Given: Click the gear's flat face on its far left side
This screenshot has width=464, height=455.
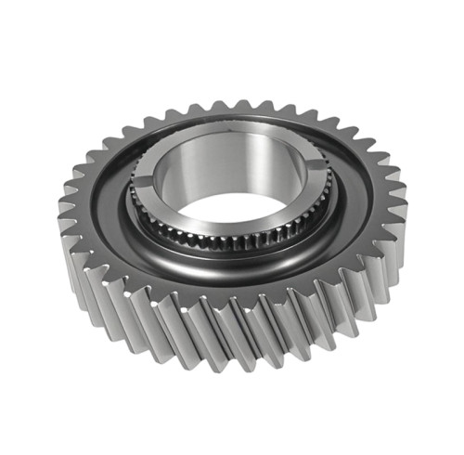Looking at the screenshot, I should pos(97,214).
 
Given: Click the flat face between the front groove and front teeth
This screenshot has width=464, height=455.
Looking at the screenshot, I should pos(232,292).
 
